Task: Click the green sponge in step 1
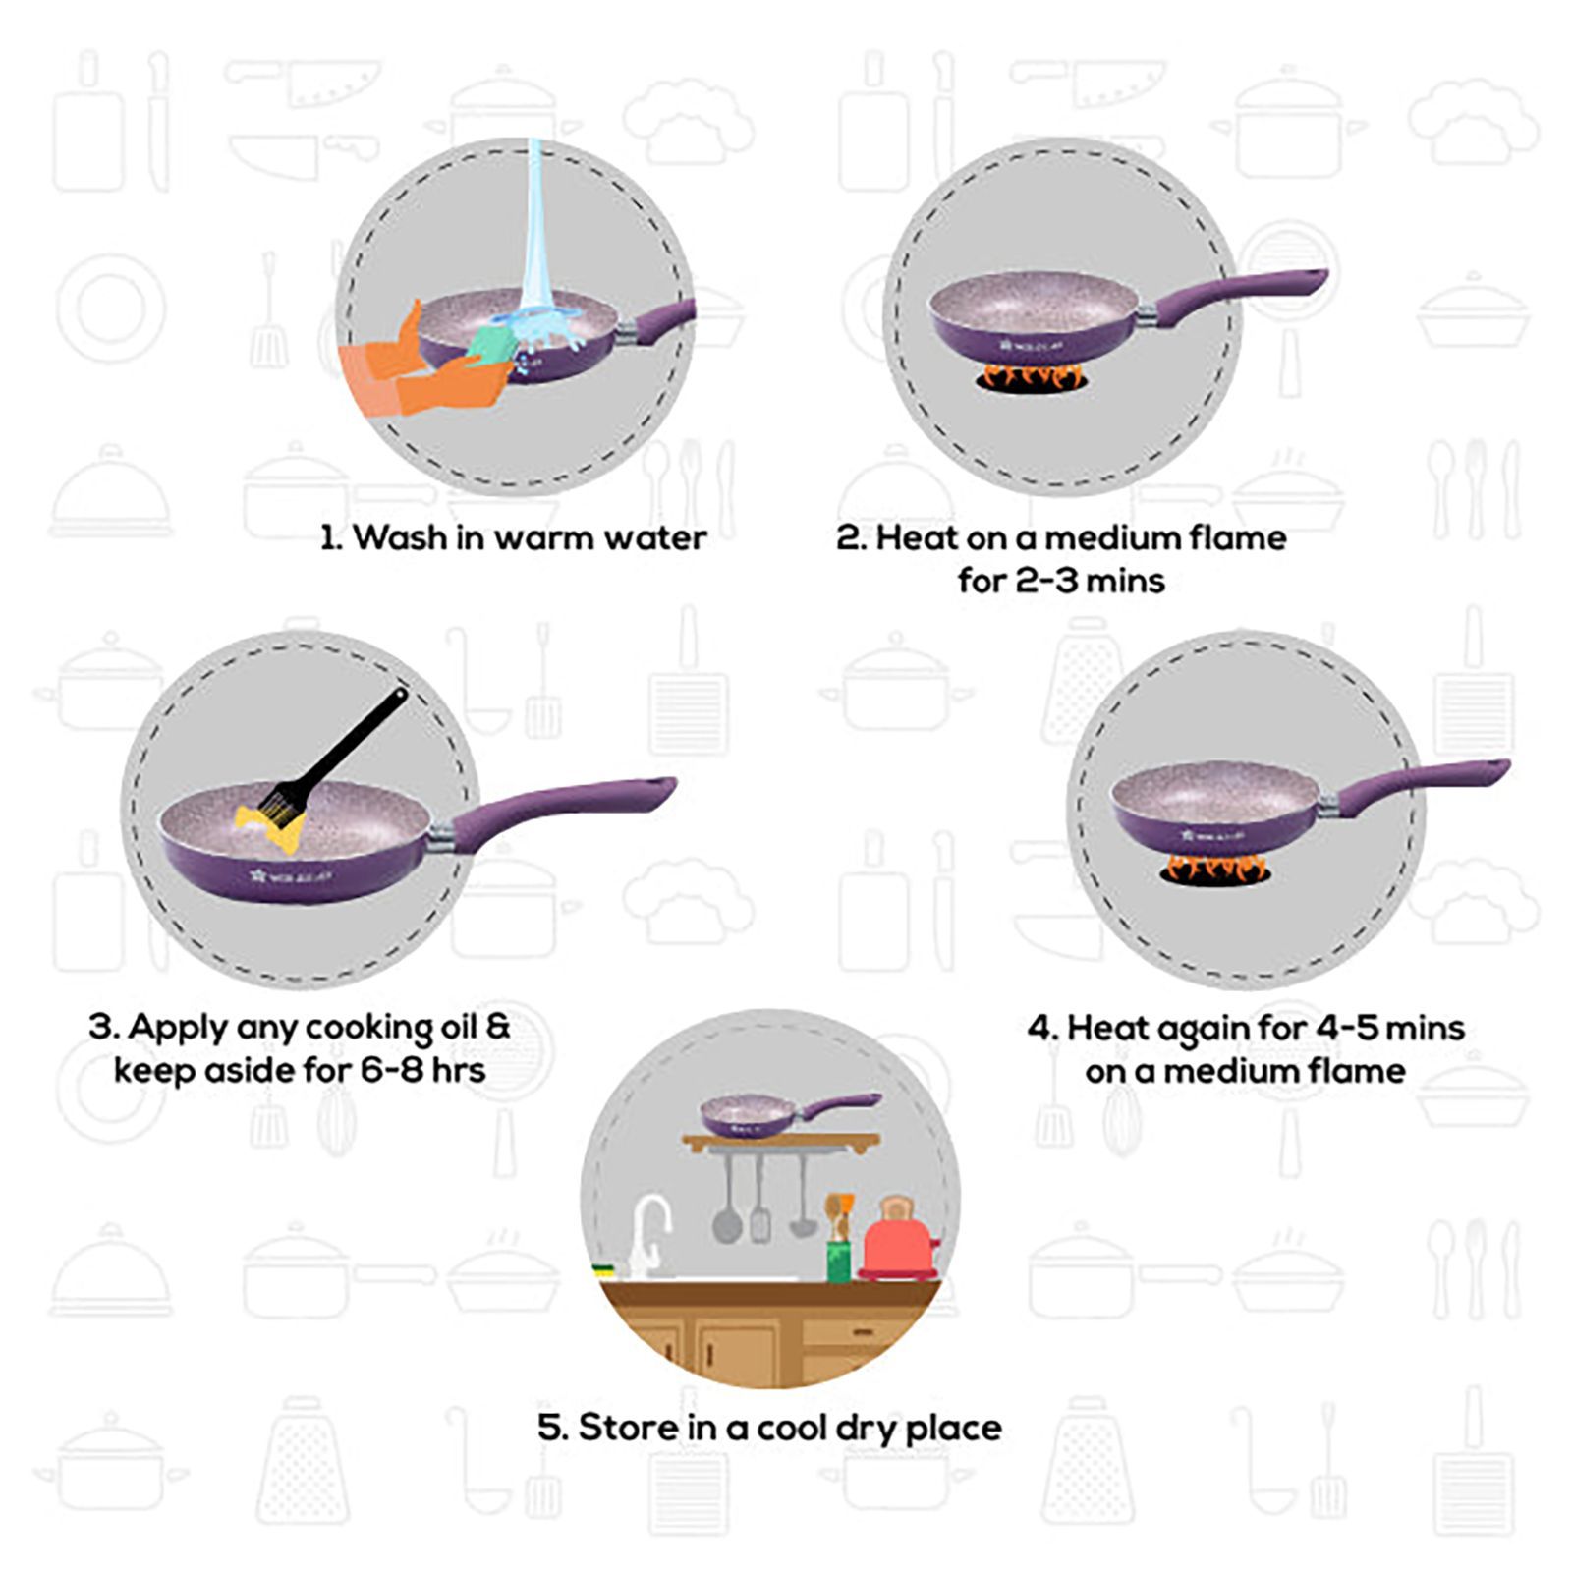pos(488,343)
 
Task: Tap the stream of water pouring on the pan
pos(535,226)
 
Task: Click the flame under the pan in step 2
pos(1032,376)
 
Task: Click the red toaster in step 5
pos(896,1243)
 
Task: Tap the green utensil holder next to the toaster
pos(838,1261)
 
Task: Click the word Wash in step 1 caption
pos(399,537)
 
